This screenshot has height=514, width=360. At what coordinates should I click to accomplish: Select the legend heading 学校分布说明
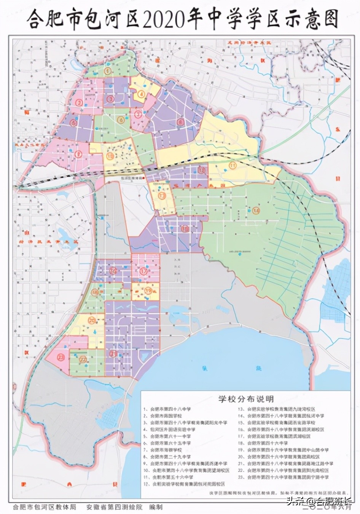coord(245,399)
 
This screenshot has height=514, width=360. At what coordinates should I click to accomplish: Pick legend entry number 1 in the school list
coord(167,409)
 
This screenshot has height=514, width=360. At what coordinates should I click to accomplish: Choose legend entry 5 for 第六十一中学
coord(167,436)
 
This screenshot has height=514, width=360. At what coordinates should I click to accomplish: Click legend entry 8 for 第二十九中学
coord(167,457)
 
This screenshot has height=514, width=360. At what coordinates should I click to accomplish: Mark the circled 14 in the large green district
coord(256,211)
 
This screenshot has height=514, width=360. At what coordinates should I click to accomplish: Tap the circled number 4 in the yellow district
coord(141,94)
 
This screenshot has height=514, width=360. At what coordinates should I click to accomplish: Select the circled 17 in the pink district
coord(143,271)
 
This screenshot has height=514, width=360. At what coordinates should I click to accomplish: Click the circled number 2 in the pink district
coord(79,102)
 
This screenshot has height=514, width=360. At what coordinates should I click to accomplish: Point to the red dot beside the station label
coord(143,178)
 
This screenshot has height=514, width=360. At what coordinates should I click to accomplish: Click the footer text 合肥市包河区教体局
coord(45,508)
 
